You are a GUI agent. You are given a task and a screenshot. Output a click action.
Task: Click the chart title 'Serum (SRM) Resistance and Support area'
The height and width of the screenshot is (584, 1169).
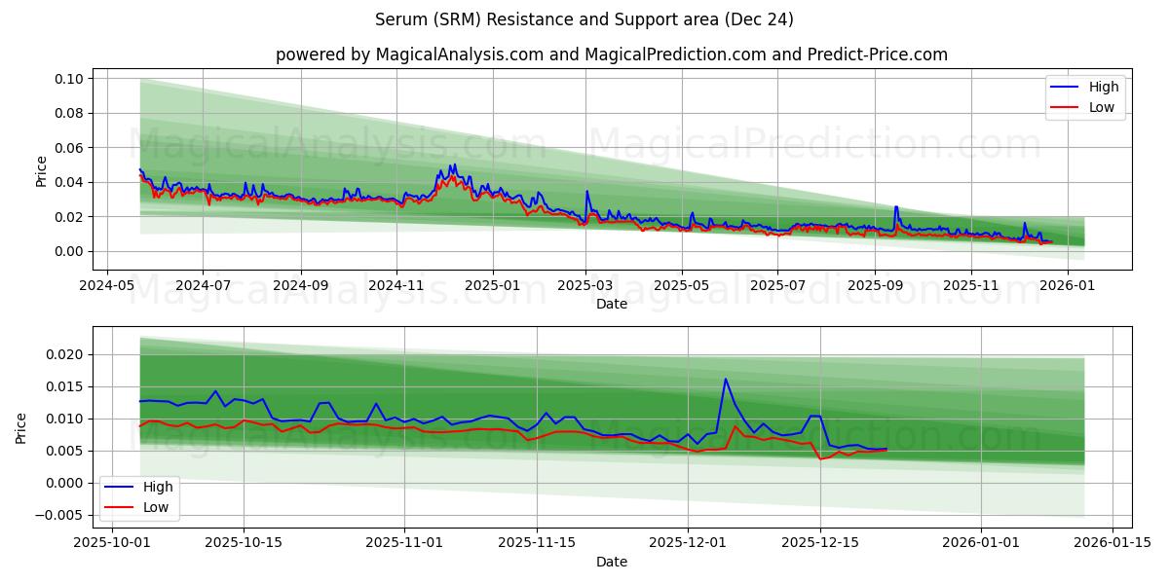click(x=584, y=19)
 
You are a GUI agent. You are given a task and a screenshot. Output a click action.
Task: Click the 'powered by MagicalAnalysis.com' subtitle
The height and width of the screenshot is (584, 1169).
click(x=611, y=55)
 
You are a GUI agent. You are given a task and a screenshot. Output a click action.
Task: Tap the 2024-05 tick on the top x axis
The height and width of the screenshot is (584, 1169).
click(x=106, y=286)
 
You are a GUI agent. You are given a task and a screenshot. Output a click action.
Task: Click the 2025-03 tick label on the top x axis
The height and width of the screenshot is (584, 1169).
click(x=585, y=286)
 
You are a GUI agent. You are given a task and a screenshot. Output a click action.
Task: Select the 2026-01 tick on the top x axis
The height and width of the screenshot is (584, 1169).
click(x=1068, y=286)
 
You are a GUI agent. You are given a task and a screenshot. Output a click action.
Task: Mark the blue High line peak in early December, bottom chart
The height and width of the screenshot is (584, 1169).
click(x=725, y=379)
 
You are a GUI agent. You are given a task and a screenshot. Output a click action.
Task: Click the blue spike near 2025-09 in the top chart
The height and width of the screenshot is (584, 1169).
click(x=896, y=206)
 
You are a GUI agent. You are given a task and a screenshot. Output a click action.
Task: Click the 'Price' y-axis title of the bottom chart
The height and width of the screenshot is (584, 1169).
click(x=21, y=427)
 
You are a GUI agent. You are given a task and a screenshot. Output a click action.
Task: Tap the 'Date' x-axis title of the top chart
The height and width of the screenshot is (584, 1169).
click(x=611, y=304)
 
